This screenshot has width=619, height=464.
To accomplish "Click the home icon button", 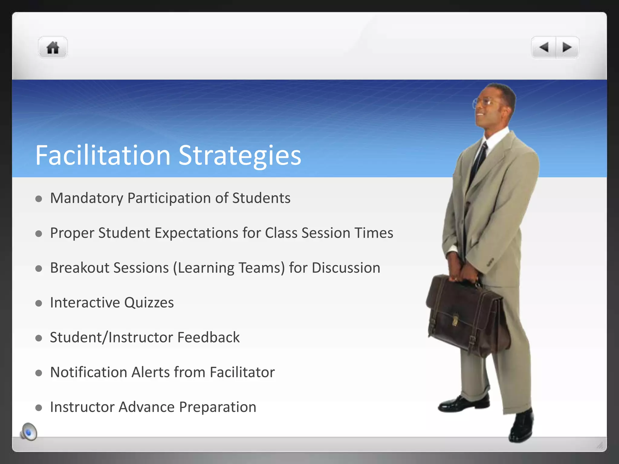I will point(53,48).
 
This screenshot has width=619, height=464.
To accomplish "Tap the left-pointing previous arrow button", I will point(544,47).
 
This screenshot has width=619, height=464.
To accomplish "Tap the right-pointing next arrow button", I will point(567,47).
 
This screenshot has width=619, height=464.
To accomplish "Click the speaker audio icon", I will point(29,432).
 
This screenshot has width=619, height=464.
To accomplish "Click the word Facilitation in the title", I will point(103,155).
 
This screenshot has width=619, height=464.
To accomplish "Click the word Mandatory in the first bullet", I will point(86,198).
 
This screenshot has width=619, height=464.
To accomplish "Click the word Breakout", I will point(79,268).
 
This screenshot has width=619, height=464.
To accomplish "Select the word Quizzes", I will point(149,303).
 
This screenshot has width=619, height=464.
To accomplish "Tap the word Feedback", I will point(208,337).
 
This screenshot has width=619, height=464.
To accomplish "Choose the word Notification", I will point(88,372).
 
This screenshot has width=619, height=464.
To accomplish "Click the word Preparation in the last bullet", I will point(217,407).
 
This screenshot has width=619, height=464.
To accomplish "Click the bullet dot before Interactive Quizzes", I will point(39,303).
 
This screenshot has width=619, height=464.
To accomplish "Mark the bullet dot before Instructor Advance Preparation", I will point(39,408).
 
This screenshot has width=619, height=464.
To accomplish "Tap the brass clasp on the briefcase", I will point(455,321).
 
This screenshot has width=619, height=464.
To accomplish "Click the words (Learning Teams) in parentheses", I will point(229,268).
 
